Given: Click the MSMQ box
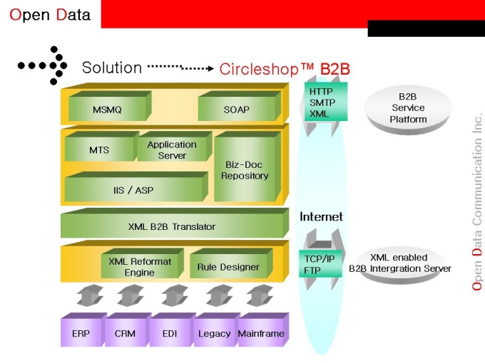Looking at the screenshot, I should point(107,109).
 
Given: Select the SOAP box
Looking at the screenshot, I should point(237,109).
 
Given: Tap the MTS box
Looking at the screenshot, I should point(99,150).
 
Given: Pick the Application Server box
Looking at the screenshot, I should point(172,149).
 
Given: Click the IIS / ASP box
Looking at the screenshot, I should point(133,190).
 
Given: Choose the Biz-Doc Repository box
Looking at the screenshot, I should point(245,169).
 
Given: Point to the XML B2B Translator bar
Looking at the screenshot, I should point(172,226).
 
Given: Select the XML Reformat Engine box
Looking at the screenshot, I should point(140,266).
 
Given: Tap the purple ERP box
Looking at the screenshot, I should point(81,333).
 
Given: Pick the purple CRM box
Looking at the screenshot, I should point(126,333).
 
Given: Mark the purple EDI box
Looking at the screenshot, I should point(170,333).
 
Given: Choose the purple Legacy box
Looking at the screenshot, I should point(214,333).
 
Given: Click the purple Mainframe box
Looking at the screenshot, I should point(260,333).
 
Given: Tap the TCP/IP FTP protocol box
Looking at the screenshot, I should point(320,264).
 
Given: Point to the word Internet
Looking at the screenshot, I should point(321,216).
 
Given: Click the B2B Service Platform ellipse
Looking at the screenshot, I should point(408,108).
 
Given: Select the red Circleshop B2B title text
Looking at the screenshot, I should point(285,68).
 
